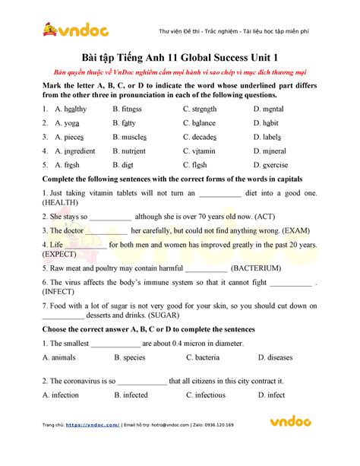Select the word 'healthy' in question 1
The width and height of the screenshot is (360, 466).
71,109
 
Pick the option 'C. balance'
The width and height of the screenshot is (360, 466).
199,123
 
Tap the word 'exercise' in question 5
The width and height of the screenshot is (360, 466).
275,164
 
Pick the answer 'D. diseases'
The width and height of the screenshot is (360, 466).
275,357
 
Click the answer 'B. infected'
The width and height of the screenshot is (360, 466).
131,395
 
